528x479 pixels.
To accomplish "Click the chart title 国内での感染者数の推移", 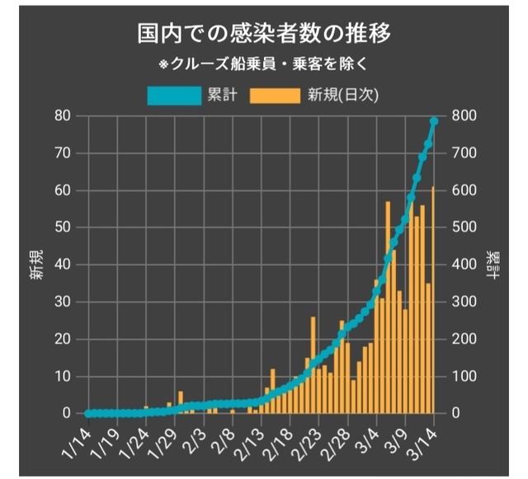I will (x=264, y=35).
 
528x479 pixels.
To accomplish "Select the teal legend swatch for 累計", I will (x=175, y=95).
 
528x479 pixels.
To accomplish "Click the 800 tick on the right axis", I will (x=461, y=115).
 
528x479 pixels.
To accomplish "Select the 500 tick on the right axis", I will (x=461, y=228).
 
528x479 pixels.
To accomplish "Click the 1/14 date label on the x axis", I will (x=78, y=441).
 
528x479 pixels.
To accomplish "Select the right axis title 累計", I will (x=492, y=264).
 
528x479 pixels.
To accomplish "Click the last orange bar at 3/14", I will (x=433, y=301).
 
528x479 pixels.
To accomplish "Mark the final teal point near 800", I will (x=434, y=122).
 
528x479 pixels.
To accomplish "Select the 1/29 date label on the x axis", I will (x=164, y=441).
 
